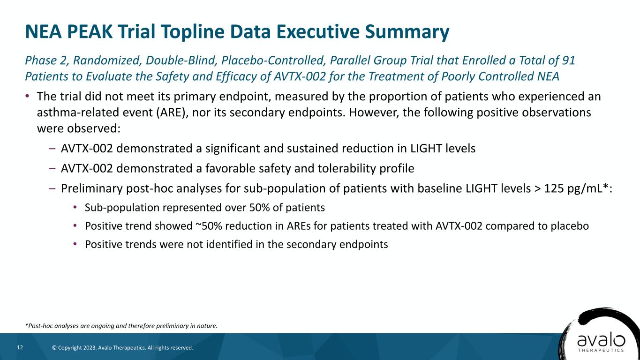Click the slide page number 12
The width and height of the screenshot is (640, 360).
(20, 347)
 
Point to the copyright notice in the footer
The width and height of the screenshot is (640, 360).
(122, 348)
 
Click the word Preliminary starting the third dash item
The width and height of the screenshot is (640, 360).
(90, 188)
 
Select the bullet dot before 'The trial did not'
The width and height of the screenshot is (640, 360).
(28, 96)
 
